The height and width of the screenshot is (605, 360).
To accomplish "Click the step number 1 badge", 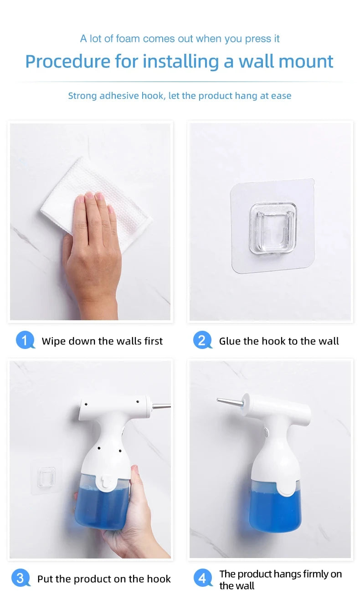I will tap(25, 340).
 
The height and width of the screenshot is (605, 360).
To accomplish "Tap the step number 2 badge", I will tap(202, 340).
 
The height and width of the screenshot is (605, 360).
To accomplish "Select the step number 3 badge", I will tap(20, 578).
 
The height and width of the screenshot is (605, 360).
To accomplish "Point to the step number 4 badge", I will tap(202, 579).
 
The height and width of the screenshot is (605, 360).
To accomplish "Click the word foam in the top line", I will tap(128, 39).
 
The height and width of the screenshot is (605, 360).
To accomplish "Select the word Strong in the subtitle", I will tap(82, 96).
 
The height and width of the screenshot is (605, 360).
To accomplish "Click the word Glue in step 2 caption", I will tap(229, 341).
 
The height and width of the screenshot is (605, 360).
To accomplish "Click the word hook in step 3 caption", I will tap(160, 579).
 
